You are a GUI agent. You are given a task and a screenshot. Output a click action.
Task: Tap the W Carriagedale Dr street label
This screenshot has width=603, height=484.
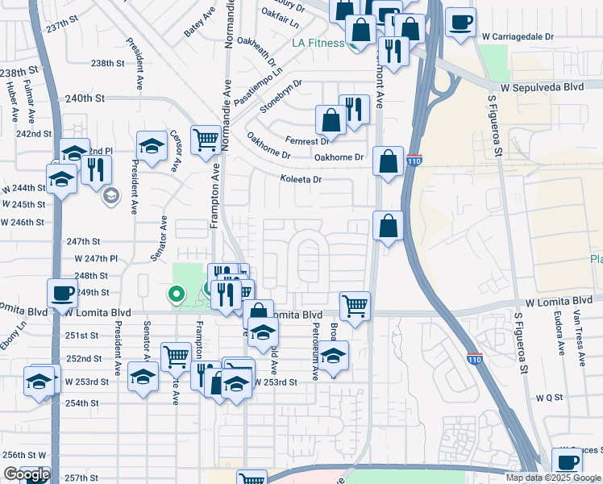518,37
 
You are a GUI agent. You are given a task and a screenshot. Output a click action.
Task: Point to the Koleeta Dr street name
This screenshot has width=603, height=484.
301,179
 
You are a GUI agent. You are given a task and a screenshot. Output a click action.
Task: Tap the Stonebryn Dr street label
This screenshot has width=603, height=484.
281,94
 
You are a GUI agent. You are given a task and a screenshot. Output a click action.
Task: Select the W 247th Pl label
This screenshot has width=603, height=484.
96,259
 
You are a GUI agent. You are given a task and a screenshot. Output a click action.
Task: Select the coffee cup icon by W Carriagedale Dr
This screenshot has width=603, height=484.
460,23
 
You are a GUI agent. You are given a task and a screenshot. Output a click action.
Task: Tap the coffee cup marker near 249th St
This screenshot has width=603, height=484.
62,294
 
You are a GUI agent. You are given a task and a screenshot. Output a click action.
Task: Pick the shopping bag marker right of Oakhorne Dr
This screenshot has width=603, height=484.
388,161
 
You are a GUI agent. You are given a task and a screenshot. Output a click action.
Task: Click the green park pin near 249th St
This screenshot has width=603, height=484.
173,294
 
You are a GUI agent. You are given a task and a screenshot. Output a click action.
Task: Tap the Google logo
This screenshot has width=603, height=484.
26,474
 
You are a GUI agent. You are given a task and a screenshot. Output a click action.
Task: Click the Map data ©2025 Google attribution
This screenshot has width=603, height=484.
553,478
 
